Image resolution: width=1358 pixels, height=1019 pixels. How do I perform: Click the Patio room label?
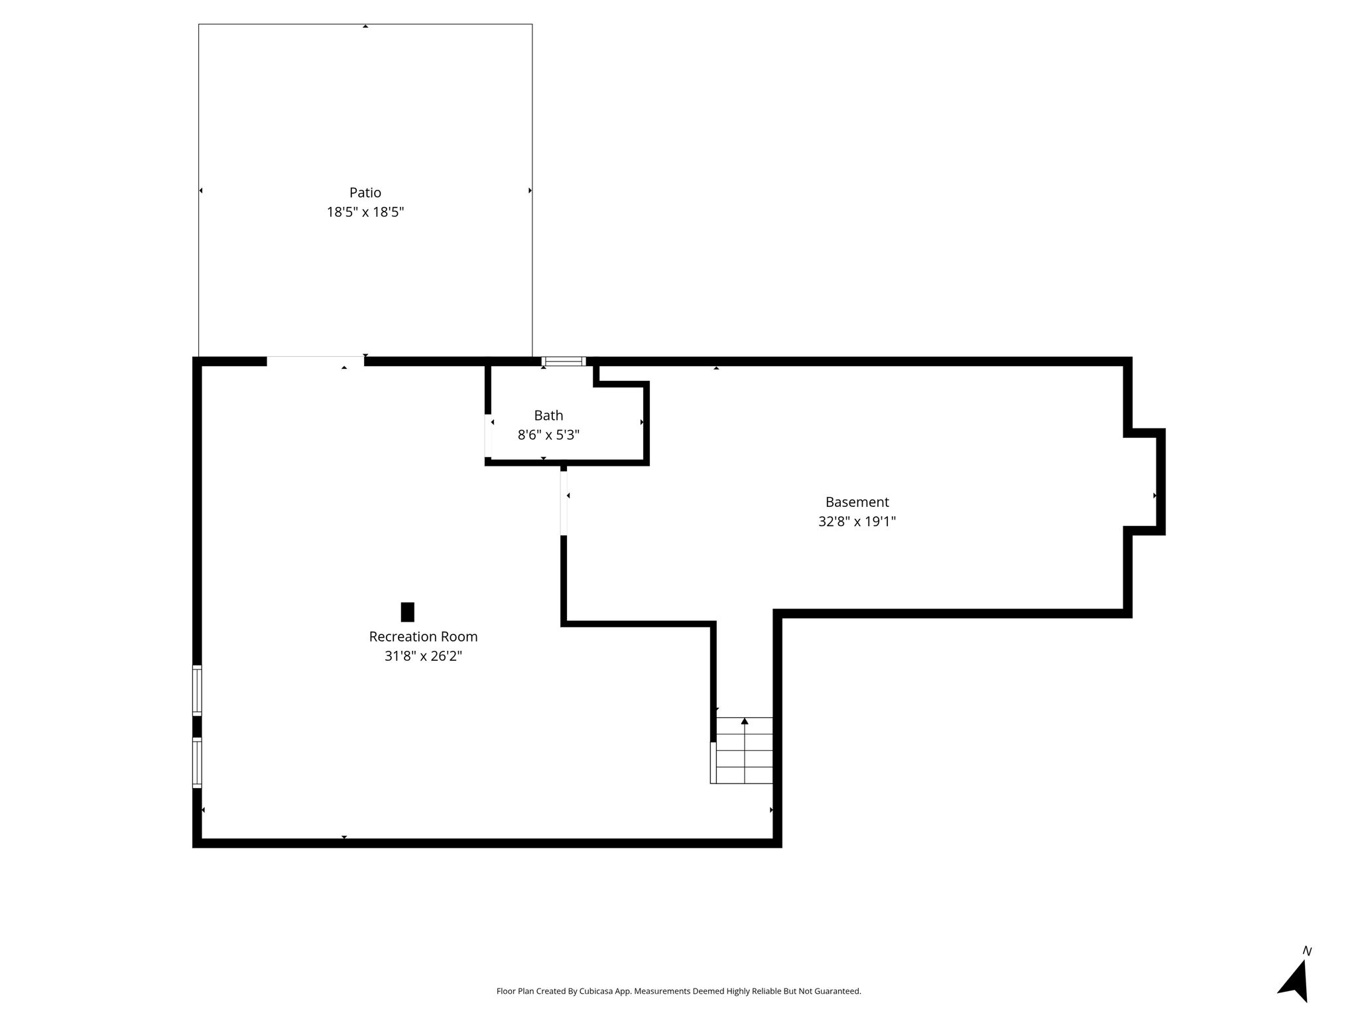pos(365,192)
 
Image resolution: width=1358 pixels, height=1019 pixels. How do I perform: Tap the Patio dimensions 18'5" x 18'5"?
pos(365,212)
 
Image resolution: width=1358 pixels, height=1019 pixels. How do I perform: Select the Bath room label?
pos(548,415)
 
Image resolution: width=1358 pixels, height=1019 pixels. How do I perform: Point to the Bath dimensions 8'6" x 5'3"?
pos(548,435)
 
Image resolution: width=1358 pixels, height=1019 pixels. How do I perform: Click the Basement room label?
pos(857,502)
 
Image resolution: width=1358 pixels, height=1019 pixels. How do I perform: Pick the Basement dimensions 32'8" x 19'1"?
pos(857,521)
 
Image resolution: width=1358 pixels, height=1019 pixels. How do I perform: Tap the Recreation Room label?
pos(423,637)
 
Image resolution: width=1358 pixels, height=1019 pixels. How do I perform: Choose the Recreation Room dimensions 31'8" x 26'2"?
pos(423,656)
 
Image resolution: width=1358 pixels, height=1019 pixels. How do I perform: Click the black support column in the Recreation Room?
pos(408,612)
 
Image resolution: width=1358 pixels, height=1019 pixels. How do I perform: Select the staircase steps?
pos(745,750)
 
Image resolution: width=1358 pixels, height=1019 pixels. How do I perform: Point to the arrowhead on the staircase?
pos(745,721)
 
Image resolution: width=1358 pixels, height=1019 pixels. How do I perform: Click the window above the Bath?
pos(564,362)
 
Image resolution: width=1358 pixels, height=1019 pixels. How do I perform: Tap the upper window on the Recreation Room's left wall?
pos(197,691)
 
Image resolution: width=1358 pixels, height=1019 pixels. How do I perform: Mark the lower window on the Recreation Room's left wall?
pos(197,763)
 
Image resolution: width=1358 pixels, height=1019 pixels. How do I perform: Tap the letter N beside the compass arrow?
pos(1307,951)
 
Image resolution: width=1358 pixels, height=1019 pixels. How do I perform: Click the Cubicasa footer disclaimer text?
pos(678,991)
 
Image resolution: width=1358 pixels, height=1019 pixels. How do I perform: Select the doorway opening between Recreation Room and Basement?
pos(564,503)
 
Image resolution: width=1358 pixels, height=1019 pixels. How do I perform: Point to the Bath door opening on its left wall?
pos(488,435)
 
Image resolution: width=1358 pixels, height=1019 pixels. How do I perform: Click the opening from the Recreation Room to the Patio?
pos(316,362)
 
